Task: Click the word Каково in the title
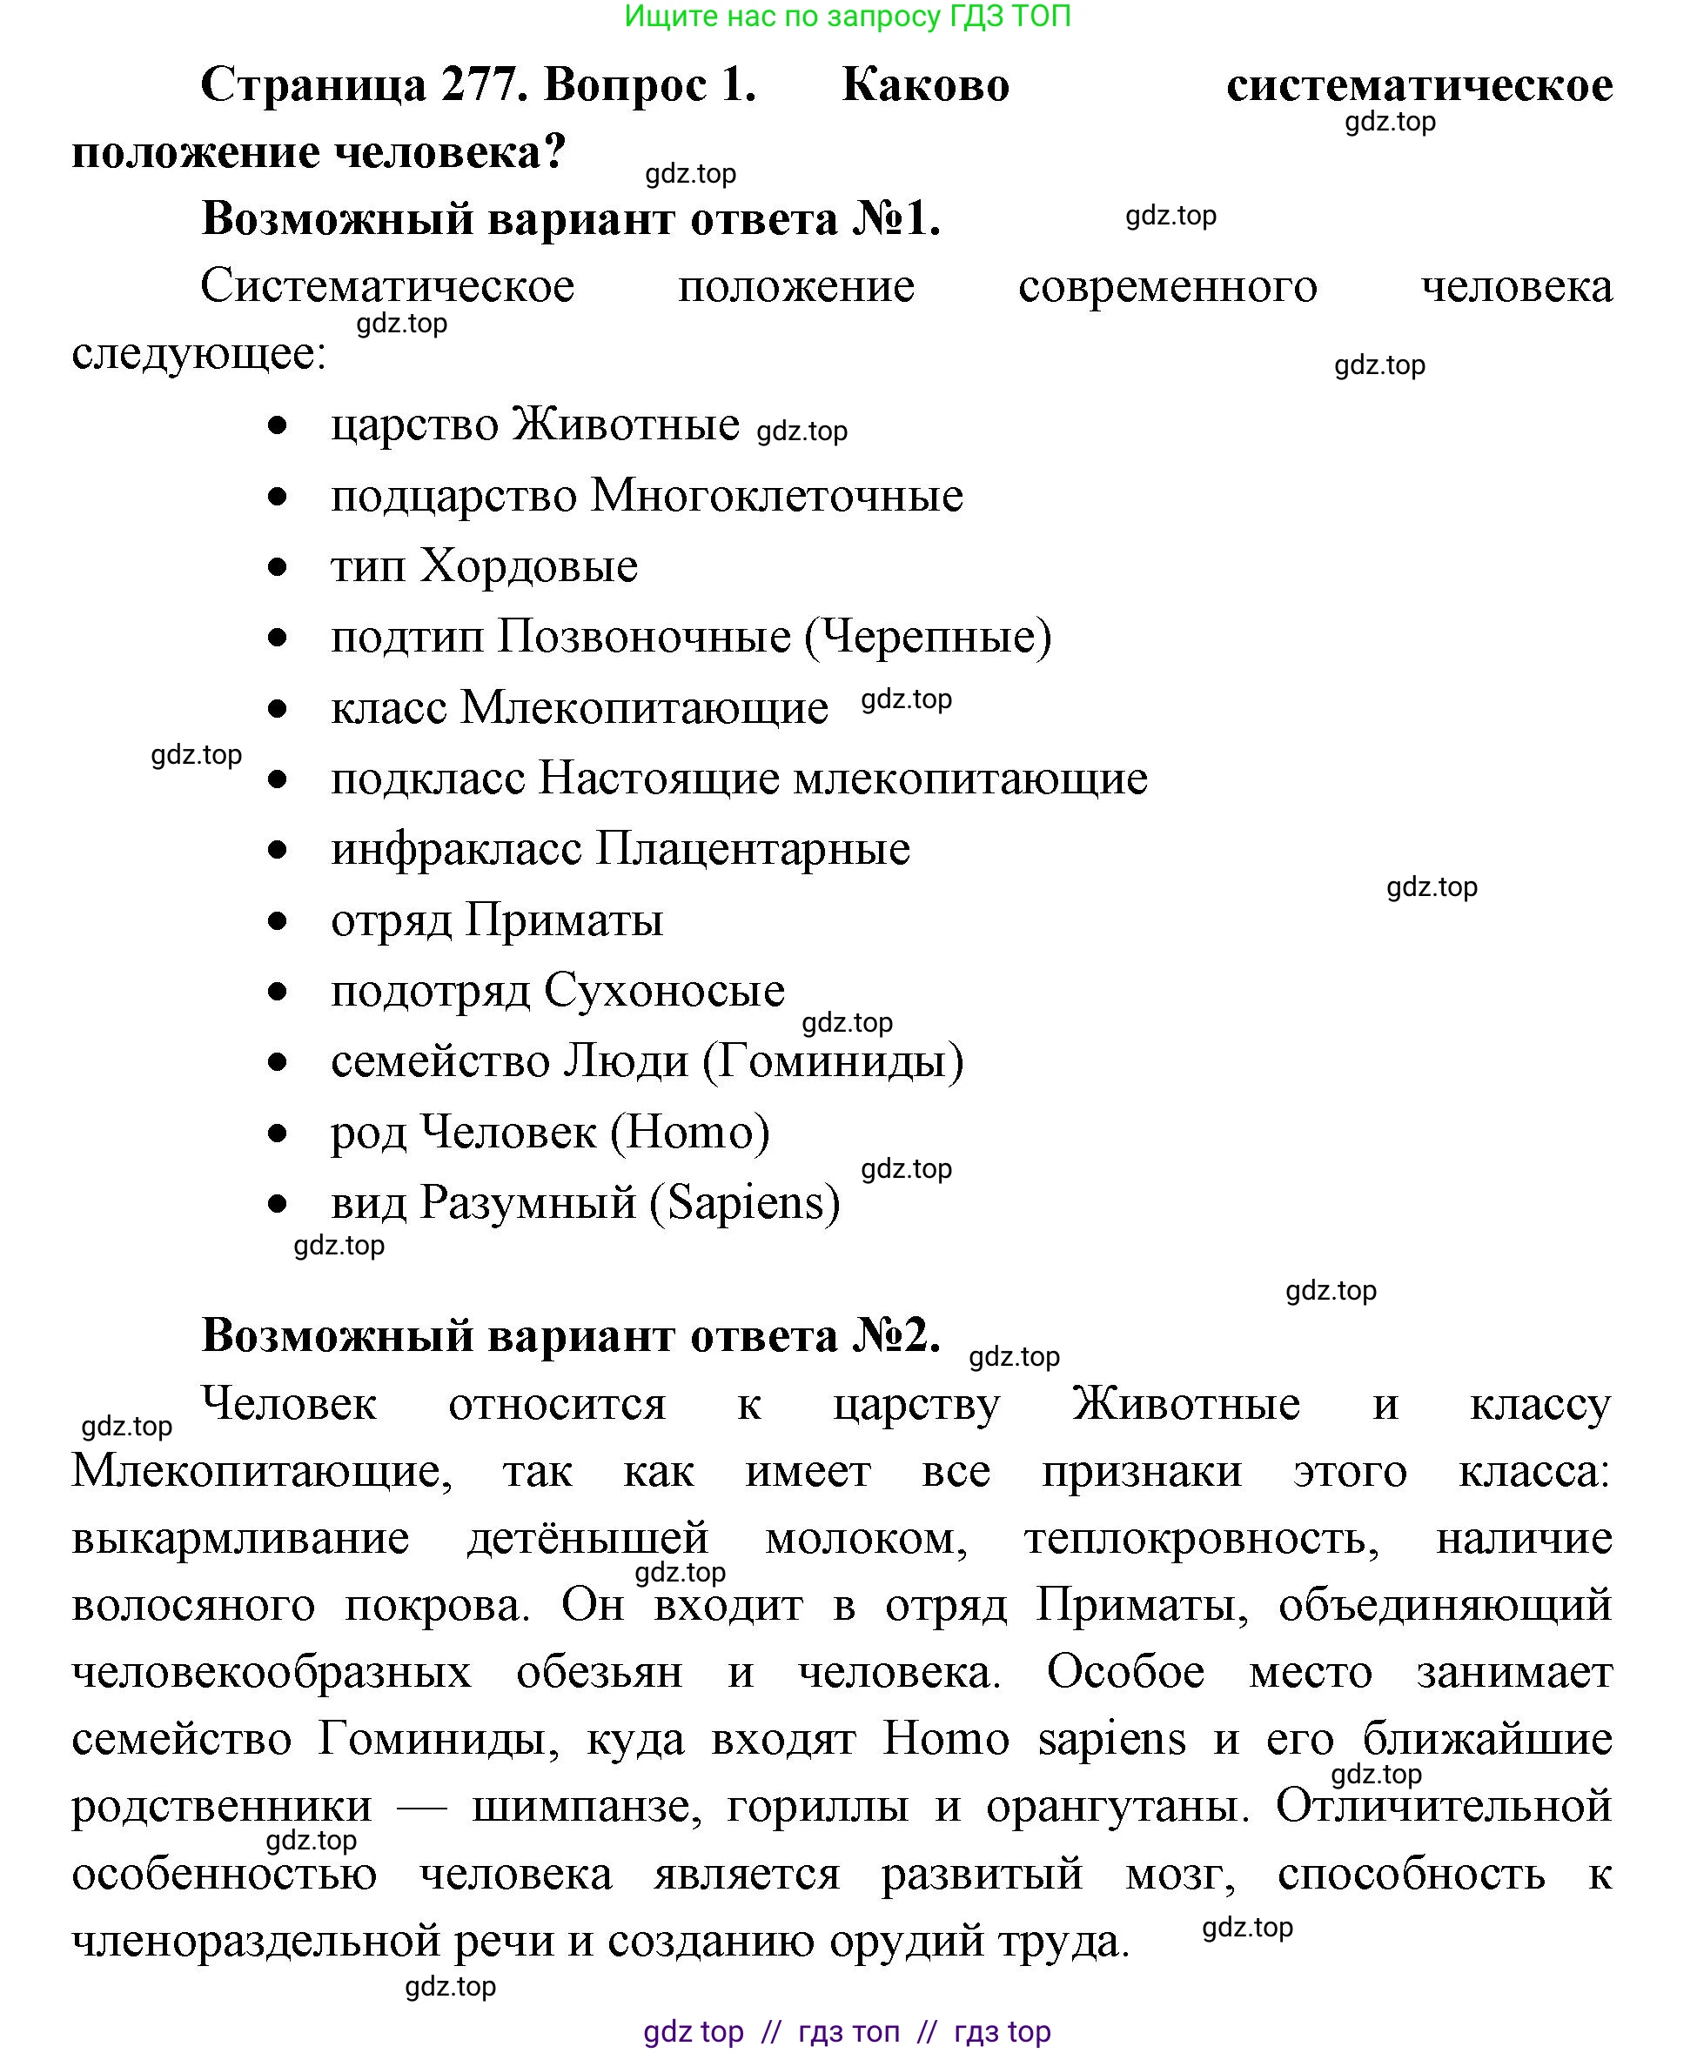[x=925, y=85]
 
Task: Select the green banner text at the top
[x=847, y=16]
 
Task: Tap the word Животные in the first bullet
[x=626, y=425]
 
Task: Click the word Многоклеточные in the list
[x=777, y=496]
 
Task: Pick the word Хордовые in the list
[x=529, y=565]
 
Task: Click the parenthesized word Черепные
[x=928, y=637]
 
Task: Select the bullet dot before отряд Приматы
[x=278, y=920]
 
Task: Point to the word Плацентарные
[x=753, y=848]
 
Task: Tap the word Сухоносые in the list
[x=664, y=990]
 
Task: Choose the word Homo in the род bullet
[x=690, y=1132]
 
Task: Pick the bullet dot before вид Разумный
[x=278, y=1203]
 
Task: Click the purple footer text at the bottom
[x=847, y=2031]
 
